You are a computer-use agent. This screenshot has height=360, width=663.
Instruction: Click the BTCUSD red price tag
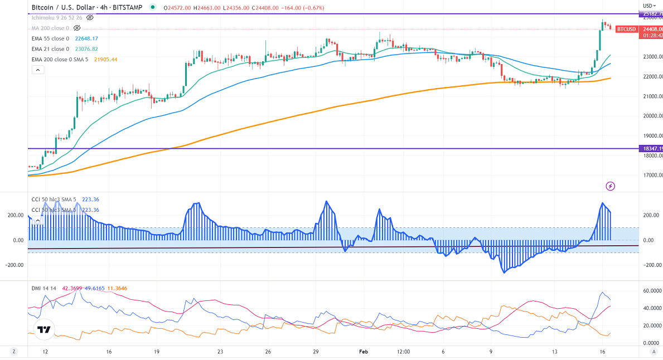(627, 29)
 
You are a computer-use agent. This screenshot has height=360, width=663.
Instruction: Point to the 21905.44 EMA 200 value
(105, 59)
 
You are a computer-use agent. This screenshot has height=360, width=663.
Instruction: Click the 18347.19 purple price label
(652, 149)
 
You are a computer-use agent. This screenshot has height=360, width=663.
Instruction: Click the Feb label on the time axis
(364, 352)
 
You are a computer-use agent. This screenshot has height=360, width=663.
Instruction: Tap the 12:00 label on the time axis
(403, 352)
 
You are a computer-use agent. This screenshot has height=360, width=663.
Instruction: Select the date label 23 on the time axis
(220, 352)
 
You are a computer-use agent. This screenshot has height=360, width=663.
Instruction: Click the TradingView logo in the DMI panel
(43, 330)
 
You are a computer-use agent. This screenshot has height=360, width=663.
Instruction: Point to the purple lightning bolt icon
(610, 186)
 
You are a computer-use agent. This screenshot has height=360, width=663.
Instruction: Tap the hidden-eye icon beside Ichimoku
(90, 18)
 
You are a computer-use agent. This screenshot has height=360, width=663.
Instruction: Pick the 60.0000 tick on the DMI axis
(652, 291)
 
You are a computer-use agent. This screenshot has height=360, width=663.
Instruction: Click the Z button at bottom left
(14, 352)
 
